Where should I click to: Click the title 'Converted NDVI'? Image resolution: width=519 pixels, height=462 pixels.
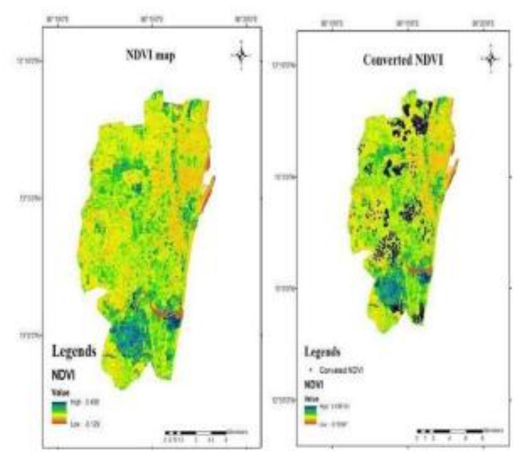403,60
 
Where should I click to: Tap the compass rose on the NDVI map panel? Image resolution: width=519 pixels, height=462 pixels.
241,54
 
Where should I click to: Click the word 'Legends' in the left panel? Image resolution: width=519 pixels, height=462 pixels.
74,352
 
